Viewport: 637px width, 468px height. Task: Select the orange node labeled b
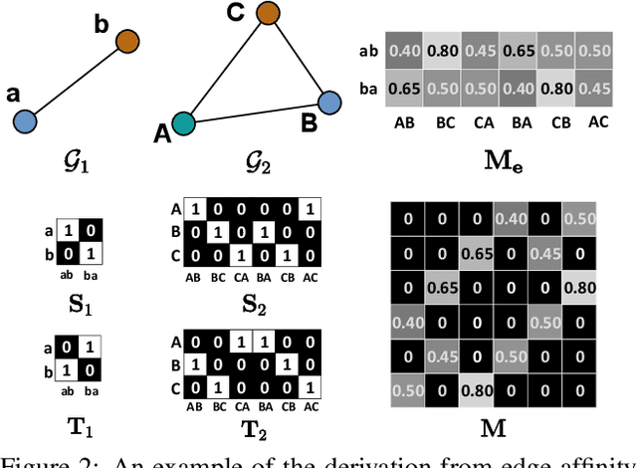coord(127,42)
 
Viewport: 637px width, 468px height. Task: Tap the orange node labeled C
coord(267,14)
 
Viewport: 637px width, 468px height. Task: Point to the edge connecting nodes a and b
coord(76,82)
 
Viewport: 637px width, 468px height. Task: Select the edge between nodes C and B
coord(299,58)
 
